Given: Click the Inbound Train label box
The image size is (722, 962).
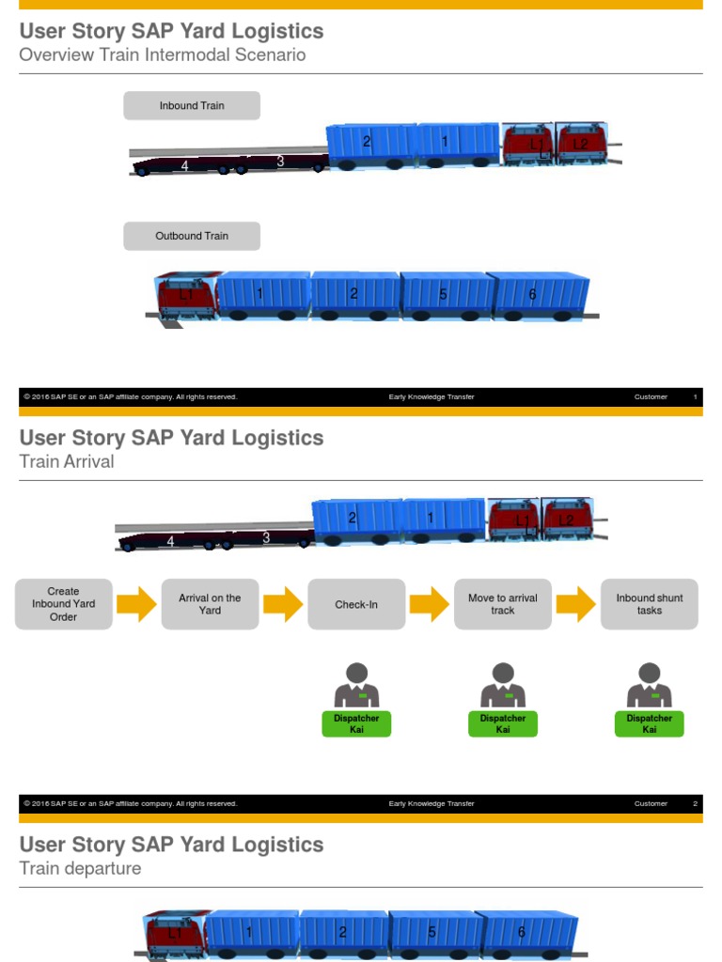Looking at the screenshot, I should click(x=192, y=106).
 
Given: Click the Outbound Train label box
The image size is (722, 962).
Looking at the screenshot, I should click(x=192, y=236).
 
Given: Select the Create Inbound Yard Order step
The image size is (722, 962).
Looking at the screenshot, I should click(x=63, y=604).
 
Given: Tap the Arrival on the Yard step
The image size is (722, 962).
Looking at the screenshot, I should click(x=210, y=604).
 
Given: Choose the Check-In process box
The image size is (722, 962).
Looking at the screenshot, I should click(x=356, y=604).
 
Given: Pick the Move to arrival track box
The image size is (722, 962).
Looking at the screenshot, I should click(x=503, y=604).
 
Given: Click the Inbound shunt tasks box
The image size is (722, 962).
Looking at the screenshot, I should click(x=650, y=604).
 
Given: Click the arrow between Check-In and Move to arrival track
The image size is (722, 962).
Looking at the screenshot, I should click(x=430, y=604).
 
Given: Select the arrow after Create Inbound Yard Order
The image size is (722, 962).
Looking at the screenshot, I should click(x=136, y=604).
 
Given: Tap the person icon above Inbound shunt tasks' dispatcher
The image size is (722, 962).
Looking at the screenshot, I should click(x=650, y=685).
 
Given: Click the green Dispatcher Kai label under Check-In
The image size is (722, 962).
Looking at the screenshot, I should click(x=356, y=723).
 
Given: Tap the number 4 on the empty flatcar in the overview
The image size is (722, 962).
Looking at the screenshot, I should click(x=184, y=166).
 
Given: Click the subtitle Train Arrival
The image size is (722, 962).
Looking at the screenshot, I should click(x=67, y=461).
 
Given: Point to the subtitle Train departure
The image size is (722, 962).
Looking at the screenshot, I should click(x=80, y=868).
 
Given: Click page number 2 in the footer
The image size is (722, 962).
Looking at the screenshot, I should click(x=695, y=803).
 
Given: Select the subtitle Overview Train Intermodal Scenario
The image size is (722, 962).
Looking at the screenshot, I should click(x=163, y=54).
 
